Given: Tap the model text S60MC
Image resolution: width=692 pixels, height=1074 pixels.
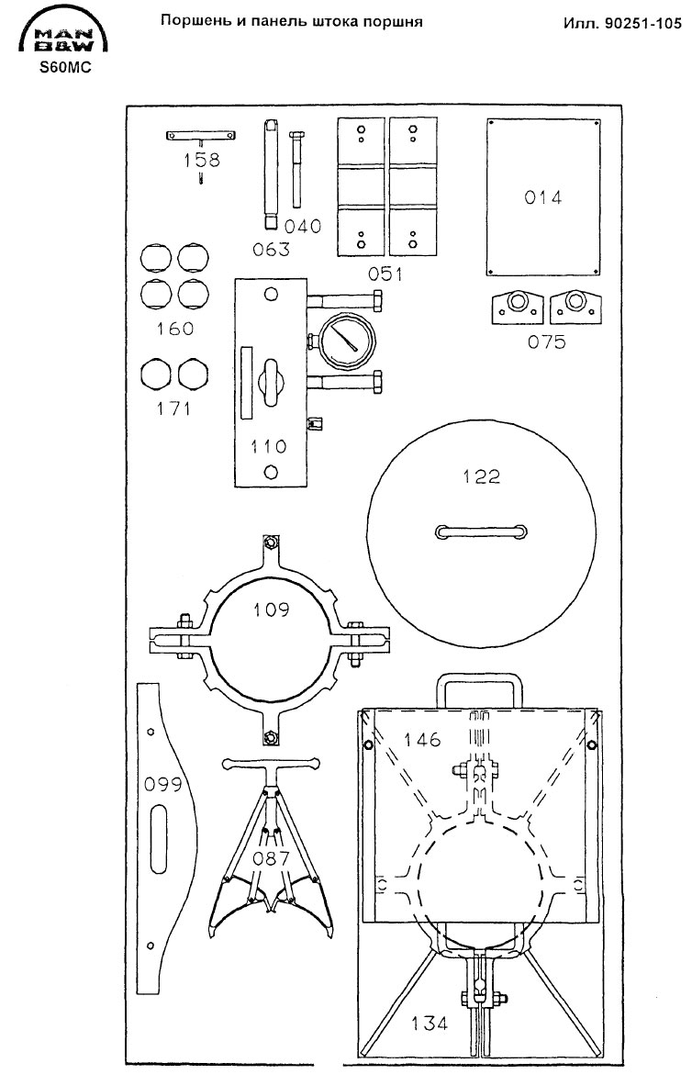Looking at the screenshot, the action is [62, 69].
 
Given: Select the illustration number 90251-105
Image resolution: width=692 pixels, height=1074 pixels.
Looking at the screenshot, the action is [642, 23].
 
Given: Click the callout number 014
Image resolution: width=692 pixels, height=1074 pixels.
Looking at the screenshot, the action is [542, 197].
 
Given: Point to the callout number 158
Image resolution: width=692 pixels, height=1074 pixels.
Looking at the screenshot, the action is [202, 160].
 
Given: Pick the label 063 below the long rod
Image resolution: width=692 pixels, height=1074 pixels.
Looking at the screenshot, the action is [271, 250].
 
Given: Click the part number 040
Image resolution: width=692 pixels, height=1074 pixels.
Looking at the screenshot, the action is [302, 226].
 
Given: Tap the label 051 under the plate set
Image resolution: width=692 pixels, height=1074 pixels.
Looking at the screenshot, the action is [385, 274].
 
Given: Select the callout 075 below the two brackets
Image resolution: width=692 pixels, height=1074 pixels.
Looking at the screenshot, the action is [547, 341].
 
